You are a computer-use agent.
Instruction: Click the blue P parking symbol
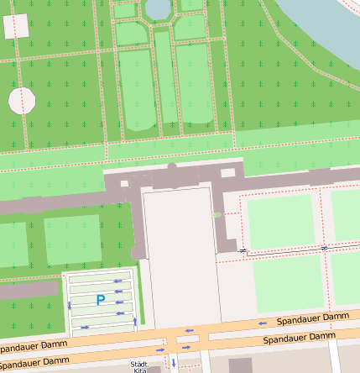[101, 299]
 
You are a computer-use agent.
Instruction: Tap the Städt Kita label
[138, 366]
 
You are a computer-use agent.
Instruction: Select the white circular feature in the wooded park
[22, 101]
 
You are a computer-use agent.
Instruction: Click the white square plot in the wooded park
[16, 27]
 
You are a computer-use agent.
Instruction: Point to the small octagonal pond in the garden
[157, 8]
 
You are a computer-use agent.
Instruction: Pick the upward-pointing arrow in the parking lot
[134, 322]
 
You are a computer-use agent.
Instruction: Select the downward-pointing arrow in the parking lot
[70, 307]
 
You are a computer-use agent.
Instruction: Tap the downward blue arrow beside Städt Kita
[174, 364]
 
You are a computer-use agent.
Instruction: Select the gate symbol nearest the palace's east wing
[243, 250]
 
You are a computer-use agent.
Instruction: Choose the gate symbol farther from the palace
[324, 248]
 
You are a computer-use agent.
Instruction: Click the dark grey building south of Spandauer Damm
[240, 365]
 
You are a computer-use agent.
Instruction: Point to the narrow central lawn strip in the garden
[164, 80]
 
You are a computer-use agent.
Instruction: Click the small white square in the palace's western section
[124, 182]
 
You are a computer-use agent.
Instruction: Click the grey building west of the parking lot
[29, 291]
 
